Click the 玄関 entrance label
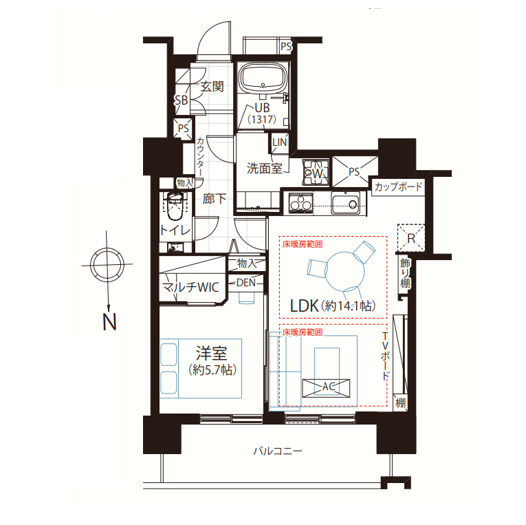click(212, 87)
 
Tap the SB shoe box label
click(181, 100)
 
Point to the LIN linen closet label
click(278, 142)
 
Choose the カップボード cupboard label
click(398, 186)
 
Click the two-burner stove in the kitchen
click(300, 203)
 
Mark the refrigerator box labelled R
click(411, 239)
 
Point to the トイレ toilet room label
click(175, 230)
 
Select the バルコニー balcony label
click(278, 451)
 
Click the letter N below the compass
click(109, 322)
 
